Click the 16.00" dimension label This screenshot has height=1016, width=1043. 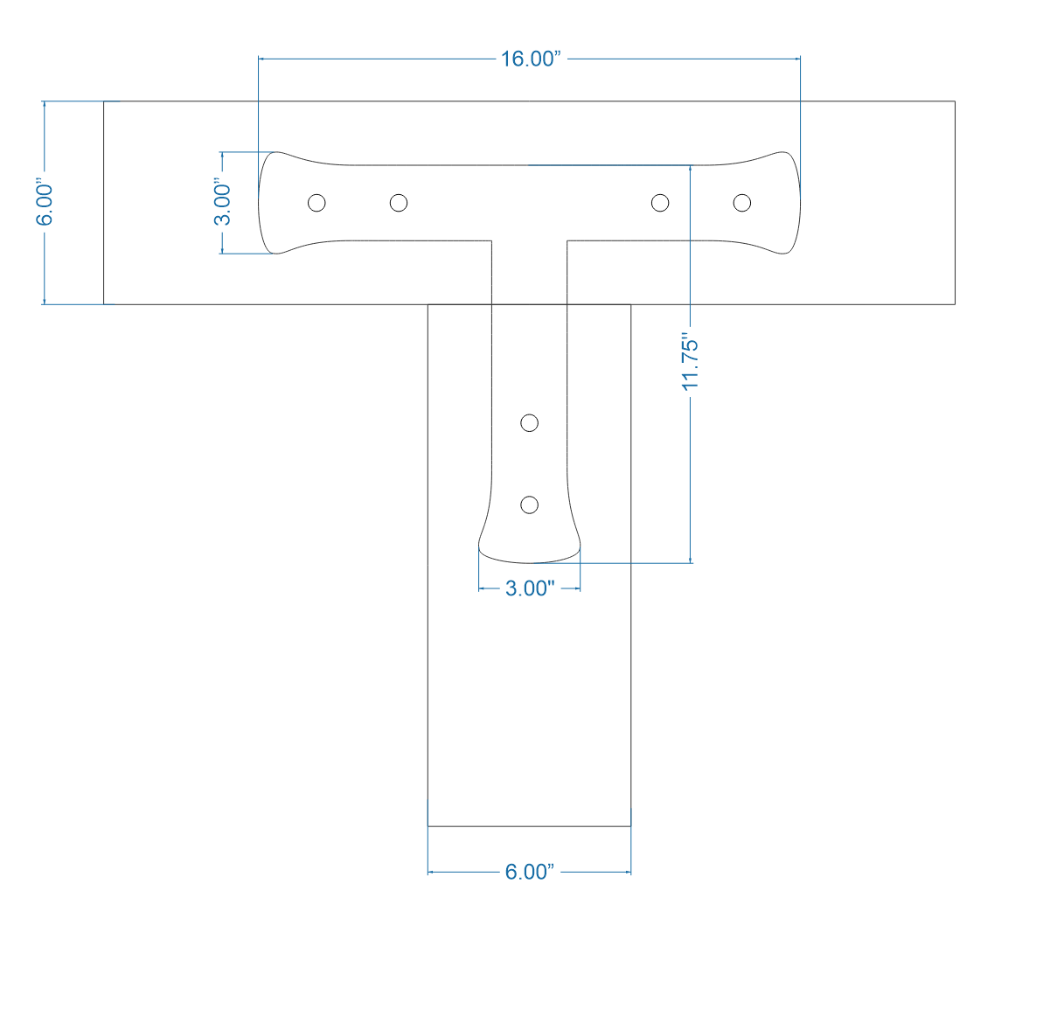click(x=529, y=59)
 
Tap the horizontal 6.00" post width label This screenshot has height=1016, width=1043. click(x=529, y=872)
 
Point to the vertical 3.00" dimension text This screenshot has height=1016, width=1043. click(x=224, y=203)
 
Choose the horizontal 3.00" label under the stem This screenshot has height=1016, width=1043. click(x=530, y=588)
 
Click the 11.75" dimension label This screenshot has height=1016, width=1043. click(x=691, y=363)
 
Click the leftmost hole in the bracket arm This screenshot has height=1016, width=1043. click(x=317, y=203)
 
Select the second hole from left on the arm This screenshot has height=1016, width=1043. click(x=399, y=203)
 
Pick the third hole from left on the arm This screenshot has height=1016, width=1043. click(x=661, y=203)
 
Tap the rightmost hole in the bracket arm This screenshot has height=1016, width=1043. click(x=742, y=203)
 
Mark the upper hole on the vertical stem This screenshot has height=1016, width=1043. click(x=529, y=423)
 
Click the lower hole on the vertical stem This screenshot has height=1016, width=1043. click(x=529, y=505)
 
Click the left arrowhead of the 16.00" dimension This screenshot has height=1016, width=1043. click(x=261, y=59)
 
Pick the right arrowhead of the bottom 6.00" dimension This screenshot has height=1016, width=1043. click(x=627, y=872)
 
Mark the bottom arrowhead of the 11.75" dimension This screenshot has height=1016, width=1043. click(x=691, y=559)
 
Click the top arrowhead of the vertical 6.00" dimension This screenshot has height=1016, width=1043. click(x=45, y=105)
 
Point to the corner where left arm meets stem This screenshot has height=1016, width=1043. click(x=491, y=240)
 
